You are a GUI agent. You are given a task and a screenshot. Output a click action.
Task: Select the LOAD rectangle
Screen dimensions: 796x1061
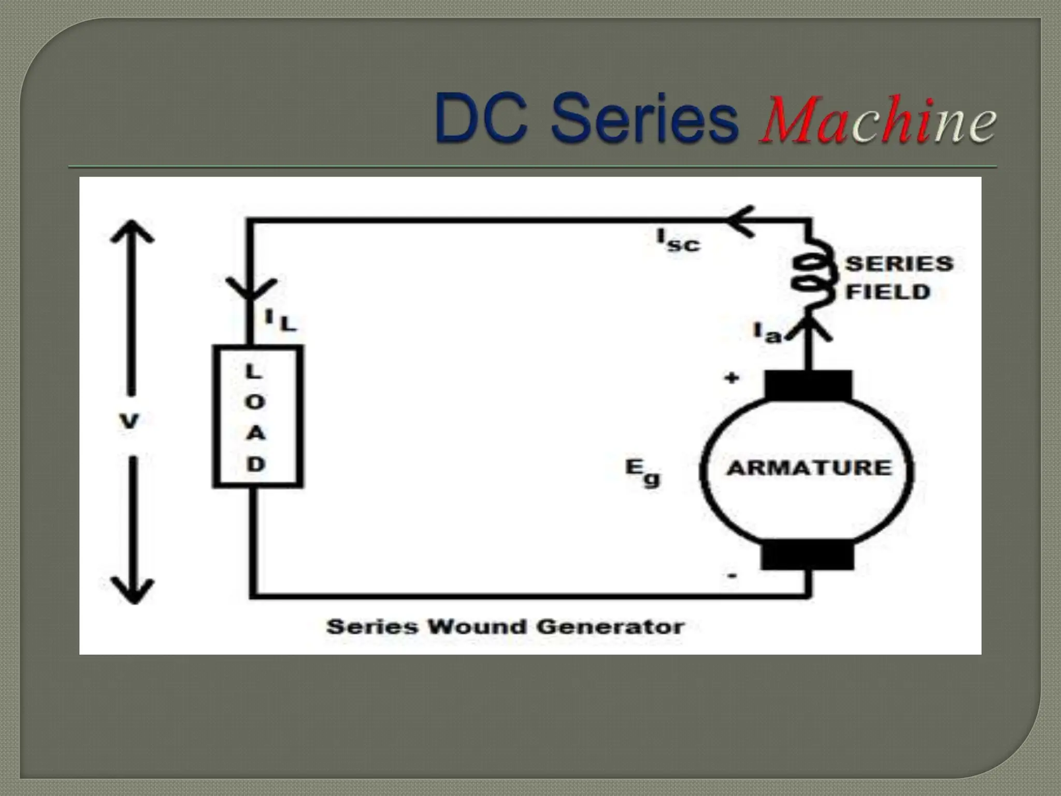tap(257, 417)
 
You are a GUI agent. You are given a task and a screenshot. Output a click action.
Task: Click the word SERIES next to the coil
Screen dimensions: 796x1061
tap(899, 264)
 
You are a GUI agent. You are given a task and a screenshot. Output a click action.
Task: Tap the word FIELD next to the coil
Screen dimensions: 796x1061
tap(887, 292)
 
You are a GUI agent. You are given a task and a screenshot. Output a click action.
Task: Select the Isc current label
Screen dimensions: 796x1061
tap(678, 241)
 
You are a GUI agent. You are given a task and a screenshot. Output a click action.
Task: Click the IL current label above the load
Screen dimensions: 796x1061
tap(280, 320)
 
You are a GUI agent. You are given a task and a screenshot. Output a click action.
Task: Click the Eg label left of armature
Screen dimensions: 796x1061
tap(643, 473)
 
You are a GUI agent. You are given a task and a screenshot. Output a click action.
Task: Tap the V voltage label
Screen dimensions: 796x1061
tap(129, 421)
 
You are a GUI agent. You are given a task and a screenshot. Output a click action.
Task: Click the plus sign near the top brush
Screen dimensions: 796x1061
tap(732, 379)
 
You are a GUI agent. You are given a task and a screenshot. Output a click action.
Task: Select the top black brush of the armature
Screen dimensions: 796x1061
tap(808, 385)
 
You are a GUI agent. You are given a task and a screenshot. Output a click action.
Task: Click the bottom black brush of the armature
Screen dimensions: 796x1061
tap(807, 555)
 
